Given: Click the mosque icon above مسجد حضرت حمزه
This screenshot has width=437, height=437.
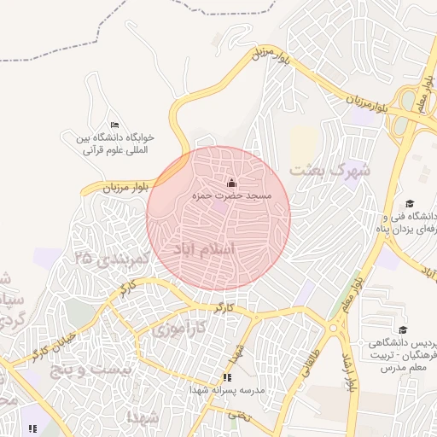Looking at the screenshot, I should [231, 183].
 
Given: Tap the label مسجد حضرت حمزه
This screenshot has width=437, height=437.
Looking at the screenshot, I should [231, 196].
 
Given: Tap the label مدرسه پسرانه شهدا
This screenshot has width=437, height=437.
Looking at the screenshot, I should [225, 389].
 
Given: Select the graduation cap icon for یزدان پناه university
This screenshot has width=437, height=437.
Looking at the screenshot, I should [410, 203].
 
